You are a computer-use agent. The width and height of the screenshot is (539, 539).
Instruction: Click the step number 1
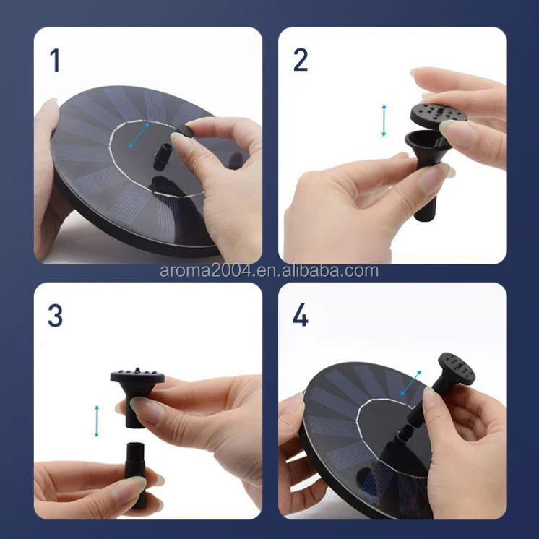(55, 60)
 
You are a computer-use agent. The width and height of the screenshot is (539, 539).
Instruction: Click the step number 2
(300, 60)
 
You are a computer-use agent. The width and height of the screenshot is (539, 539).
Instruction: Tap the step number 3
(55, 316)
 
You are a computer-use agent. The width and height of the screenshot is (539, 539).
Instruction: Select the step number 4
(300, 316)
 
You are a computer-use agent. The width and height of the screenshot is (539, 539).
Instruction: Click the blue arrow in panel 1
(139, 135)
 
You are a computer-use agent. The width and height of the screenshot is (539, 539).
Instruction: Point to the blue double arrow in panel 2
(384, 121)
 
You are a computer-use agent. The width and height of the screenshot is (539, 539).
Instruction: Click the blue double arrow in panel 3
(97, 421)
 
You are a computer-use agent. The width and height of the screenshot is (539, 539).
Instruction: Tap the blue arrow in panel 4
(411, 383)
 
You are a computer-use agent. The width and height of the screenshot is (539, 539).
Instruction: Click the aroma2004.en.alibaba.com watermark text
(269, 271)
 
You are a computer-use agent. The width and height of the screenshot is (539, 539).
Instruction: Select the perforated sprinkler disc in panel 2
(438, 113)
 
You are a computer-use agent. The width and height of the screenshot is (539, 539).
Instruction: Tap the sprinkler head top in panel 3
(137, 376)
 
